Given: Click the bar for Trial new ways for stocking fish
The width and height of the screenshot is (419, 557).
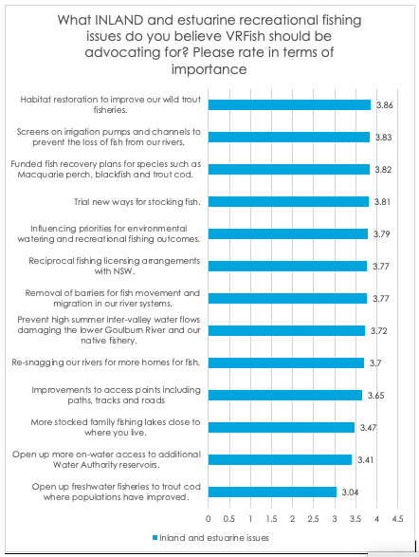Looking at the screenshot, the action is (288, 202).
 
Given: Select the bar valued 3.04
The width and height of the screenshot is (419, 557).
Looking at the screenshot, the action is (272, 492).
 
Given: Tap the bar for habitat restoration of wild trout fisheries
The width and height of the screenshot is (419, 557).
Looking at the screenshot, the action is (289, 104).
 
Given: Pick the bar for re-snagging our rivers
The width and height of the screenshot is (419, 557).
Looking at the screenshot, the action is (286, 363).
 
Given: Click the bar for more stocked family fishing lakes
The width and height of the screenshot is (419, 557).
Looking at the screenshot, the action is (282, 427).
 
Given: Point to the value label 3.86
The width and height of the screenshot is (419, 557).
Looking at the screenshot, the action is (385, 105).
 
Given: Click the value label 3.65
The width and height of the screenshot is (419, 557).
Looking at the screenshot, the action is (375, 396).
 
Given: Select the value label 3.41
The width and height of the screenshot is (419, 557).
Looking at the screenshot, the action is (366, 460).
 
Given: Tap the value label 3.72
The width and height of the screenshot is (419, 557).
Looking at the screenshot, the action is (379, 331).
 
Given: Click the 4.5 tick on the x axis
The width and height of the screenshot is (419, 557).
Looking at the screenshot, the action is (398, 519).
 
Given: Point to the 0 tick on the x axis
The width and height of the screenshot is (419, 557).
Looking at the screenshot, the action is (209, 519).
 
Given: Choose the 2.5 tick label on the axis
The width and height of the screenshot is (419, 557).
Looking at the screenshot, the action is (313, 519).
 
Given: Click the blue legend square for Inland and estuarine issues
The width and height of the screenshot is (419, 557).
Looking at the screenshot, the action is (155, 538).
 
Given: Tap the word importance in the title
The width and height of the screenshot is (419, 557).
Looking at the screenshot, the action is (209, 69).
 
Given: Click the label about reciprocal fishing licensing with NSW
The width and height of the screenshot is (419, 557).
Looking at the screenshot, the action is (115, 266).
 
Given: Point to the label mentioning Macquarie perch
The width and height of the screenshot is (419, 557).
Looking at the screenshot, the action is (106, 170).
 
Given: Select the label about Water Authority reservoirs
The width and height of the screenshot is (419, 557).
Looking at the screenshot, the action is (106, 459).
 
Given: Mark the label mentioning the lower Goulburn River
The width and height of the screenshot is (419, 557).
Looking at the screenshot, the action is (109, 330).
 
